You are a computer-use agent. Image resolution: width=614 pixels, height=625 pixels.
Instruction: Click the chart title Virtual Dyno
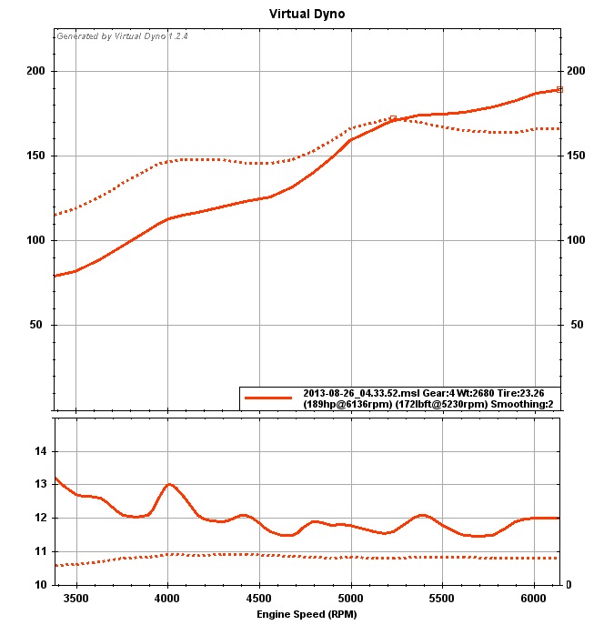coord(307,15)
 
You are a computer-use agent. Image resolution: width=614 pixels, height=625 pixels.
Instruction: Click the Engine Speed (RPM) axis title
coord(307,614)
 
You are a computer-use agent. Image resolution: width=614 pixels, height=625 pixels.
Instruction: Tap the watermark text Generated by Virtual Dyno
coord(122,37)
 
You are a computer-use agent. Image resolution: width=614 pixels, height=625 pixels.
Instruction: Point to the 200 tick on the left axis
coord(36,71)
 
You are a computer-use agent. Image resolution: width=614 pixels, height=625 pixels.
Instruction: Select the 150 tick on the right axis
coord(576,156)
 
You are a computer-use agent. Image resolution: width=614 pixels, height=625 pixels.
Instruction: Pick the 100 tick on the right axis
coord(576,240)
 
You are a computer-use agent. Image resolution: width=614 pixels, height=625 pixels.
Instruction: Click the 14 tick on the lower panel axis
coord(40,451)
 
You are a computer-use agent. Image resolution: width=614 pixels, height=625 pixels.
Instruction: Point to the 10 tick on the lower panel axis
coord(40,584)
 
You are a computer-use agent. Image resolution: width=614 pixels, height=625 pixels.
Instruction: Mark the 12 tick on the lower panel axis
coord(40,518)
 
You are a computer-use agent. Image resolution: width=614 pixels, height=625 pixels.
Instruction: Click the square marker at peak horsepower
coord(560,89)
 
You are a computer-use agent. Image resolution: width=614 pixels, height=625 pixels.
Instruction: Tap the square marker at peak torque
coord(393,118)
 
